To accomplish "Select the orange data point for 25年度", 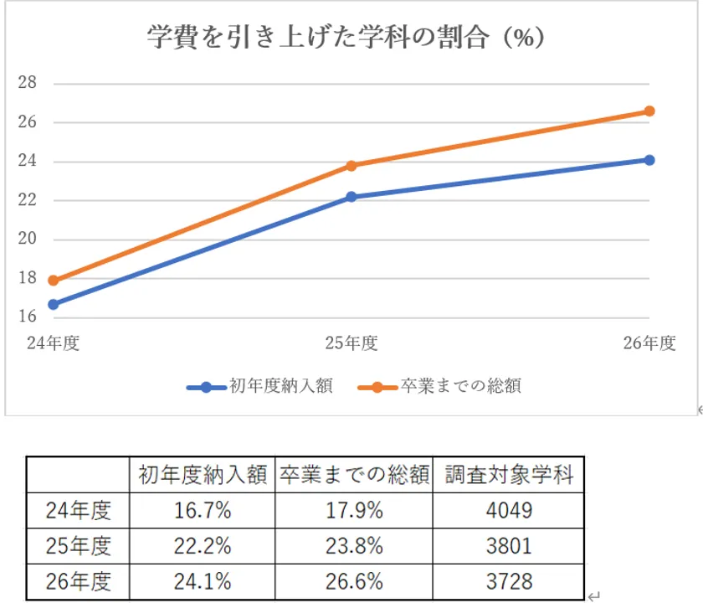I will pyautogui.click(x=351, y=166).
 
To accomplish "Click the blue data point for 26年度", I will pyautogui.click(x=649, y=160).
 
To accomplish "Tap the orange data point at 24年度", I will pyautogui.click(x=54, y=281).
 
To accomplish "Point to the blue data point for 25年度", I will pyautogui.click(x=351, y=197).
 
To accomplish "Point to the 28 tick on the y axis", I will pyautogui.click(x=28, y=83).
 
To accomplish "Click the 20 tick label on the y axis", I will pyautogui.click(x=28, y=240).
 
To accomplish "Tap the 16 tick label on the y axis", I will pyautogui.click(x=28, y=317).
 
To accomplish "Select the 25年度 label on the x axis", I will pyautogui.click(x=351, y=343).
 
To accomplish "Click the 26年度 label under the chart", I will pyautogui.click(x=649, y=343).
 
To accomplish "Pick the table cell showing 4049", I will pyautogui.click(x=508, y=509).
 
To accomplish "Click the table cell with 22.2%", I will pyautogui.click(x=202, y=546).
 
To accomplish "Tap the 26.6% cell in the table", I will pyautogui.click(x=354, y=581).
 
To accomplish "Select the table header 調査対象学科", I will pyautogui.click(x=508, y=475).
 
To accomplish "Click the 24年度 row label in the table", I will pyautogui.click(x=78, y=509).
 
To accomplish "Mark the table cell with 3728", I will pyautogui.click(x=508, y=581).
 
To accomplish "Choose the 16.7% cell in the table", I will pyautogui.click(x=202, y=509).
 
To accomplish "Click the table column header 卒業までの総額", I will pyautogui.click(x=354, y=475).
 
